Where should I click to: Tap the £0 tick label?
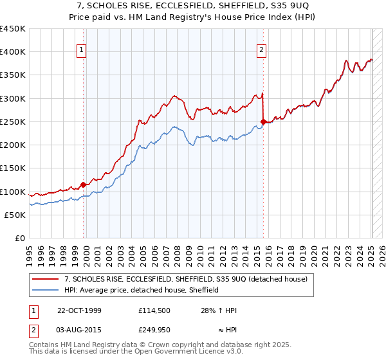[x=19, y=239]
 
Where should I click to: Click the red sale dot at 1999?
[x=84, y=185]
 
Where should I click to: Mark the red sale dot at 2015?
[x=262, y=122]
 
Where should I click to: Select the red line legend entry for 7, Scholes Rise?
[x=187, y=279]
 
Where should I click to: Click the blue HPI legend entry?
[x=142, y=290]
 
